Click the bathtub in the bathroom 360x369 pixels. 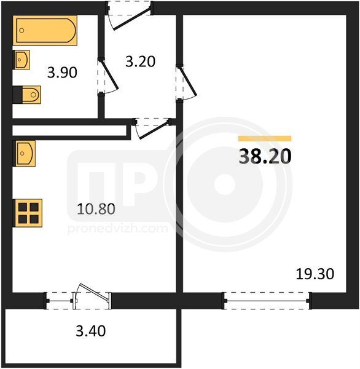(x=45, y=30)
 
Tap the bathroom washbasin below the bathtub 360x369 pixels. (x=21, y=60)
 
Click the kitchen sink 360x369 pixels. (x=24, y=153)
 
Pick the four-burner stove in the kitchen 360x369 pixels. (x=28, y=213)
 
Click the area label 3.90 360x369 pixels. (x=62, y=73)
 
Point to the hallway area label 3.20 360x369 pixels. (x=141, y=61)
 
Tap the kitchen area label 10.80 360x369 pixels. (x=96, y=209)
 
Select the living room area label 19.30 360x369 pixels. (x=315, y=274)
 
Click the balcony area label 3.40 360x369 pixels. (x=91, y=331)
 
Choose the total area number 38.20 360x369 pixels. (x=265, y=157)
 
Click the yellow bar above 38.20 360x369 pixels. (x=265, y=138)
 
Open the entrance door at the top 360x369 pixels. (x=129, y=16)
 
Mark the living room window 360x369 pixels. (x=267, y=301)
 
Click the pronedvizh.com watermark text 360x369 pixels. (x=117, y=229)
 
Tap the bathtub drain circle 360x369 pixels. (x=22, y=30)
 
